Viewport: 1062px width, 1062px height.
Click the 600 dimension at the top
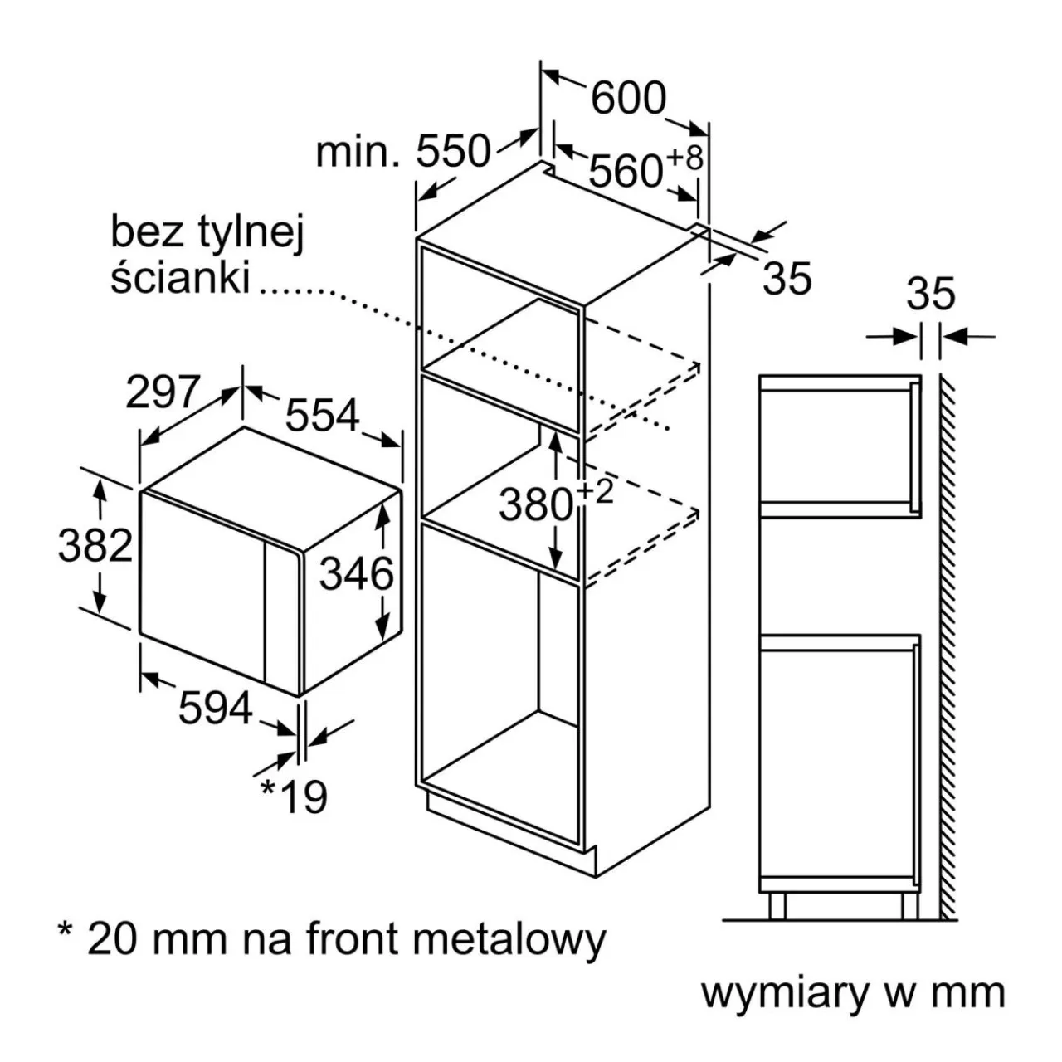tap(628, 99)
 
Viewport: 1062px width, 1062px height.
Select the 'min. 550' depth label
tap(403, 152)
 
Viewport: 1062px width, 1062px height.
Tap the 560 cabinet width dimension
tap(626, 171)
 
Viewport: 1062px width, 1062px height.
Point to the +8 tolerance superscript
tap(684, 157)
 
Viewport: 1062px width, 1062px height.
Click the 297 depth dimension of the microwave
tap(163, 392)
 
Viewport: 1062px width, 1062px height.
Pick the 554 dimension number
tap(323, 415)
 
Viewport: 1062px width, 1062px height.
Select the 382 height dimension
tap(95, 545)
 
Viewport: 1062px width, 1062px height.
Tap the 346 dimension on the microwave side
tap(356, 573)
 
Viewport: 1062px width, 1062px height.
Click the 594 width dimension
tap(216, 708)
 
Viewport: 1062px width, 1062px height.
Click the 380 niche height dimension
tap(536, 504)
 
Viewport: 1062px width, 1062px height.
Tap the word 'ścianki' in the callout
tap(180, 277)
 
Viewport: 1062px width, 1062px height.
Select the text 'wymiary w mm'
tap(852, 993)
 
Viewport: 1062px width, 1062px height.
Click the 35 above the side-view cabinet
tap(930, 294)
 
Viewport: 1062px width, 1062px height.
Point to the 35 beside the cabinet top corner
tap(787, 278)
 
